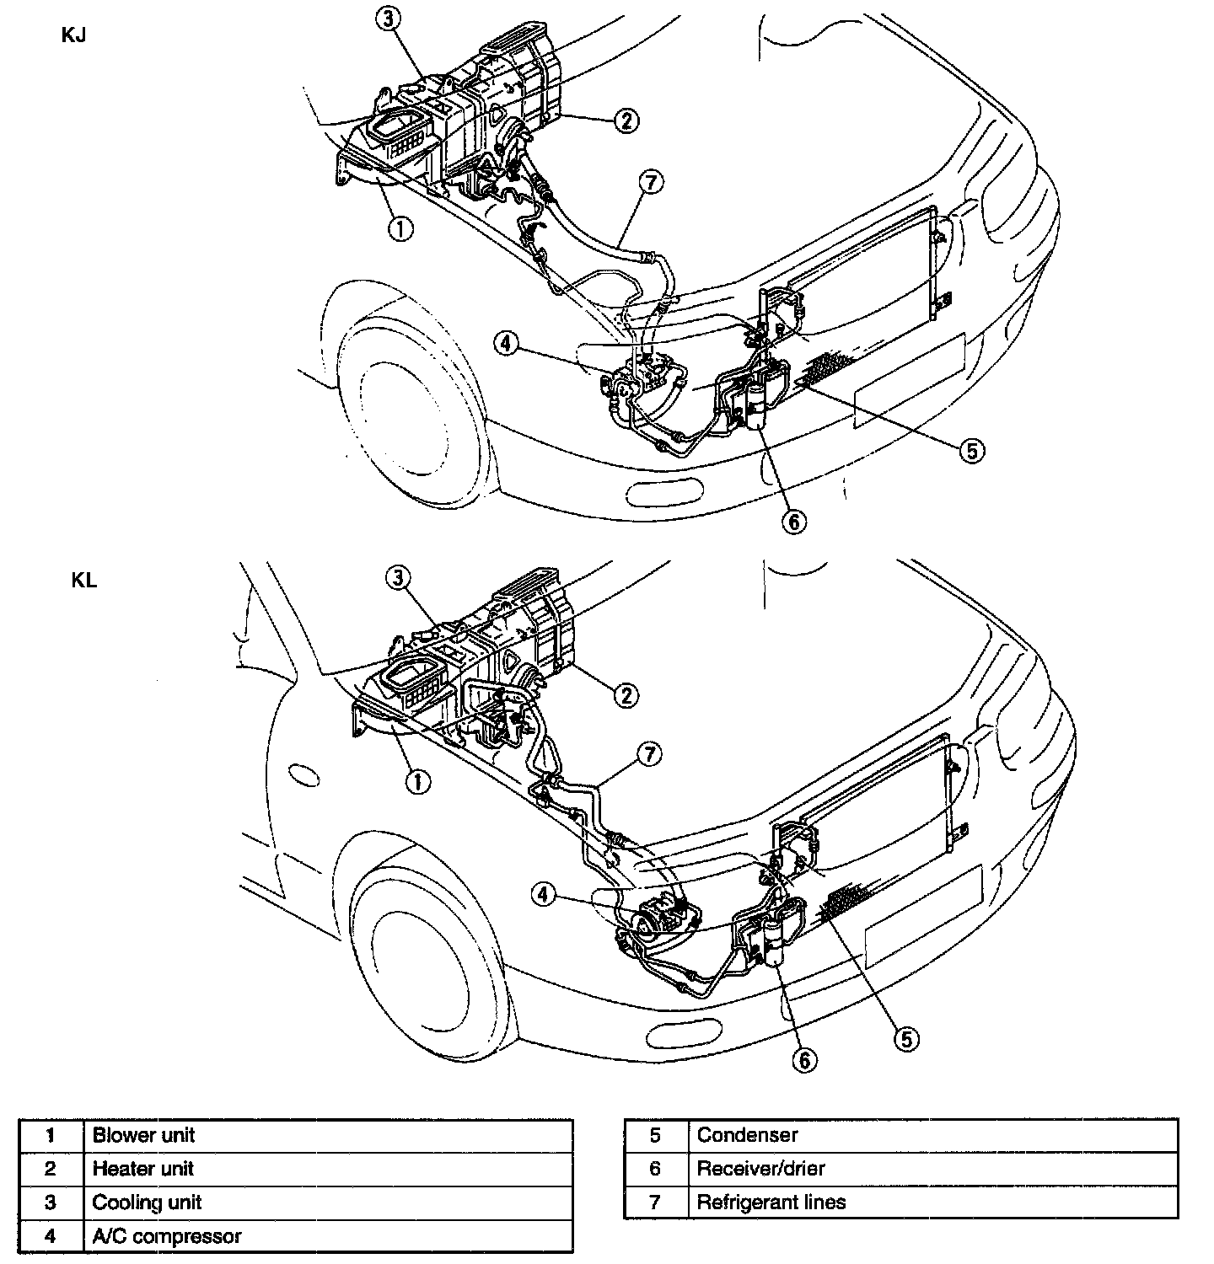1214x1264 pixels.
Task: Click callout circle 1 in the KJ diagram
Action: pyautogui.click(x=400, y=228)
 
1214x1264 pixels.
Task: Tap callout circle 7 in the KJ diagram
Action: pyautogui.click(x=651, y=182)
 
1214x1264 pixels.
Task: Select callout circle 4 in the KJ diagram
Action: pyautogui.click(x=505, y=344)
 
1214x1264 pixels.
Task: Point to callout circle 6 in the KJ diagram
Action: pyautogui.click(x=792, y=522)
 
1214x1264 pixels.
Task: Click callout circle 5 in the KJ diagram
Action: pyautogui.click(x=971, y=451)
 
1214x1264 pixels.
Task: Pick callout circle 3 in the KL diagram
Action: pyautogui.click(x=399, y=577)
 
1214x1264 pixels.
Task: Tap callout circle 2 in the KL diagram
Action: pyautogui.click(x=626, y=695)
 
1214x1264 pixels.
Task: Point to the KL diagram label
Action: pyautogui.click(x=83, y=581)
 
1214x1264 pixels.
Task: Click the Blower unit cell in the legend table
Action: pyautogui.click(x=143, y=1135)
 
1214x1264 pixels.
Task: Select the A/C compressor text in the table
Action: pyautogui.click(x=167, y=1236)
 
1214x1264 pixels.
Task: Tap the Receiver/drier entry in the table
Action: pyautogui.click(x=760, y=1169)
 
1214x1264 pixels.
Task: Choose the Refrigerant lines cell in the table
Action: pyautogui.click(x=771, y=1202)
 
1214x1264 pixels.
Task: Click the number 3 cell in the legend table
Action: pyautogui.click(x=51, y=1202)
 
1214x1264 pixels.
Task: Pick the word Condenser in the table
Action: pyautogui.click(x=747, y=1135)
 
